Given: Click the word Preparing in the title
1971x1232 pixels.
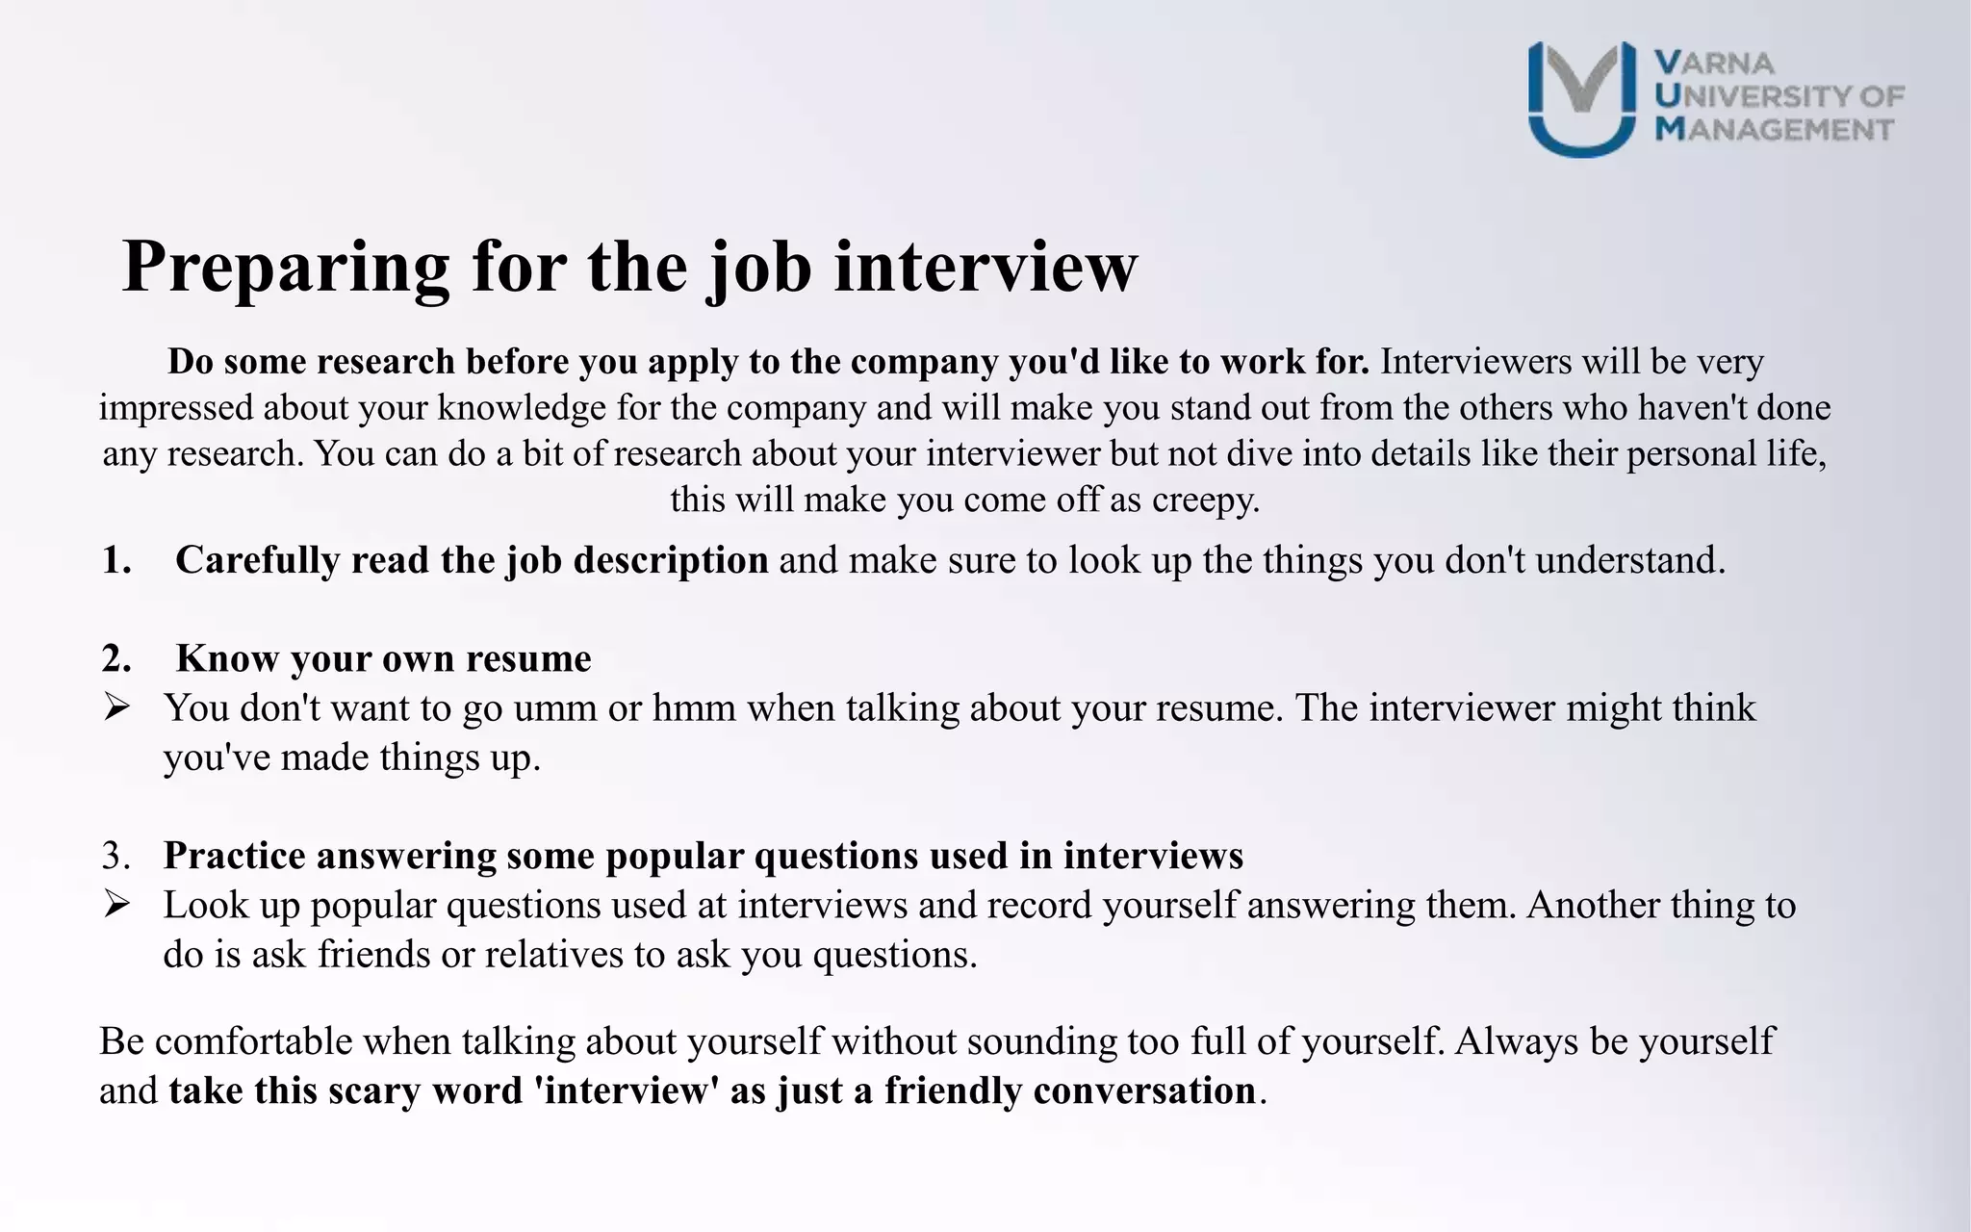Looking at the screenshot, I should pyautogui.click(x=286, y=268).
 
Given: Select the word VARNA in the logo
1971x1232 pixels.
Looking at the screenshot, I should pyautogui.click(x=1714, y=64).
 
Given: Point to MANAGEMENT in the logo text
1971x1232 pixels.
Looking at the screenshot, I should pyautogui.click(x=1774, y=129).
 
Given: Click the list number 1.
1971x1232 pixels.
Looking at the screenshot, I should pyautogui.click(x=115, y=560).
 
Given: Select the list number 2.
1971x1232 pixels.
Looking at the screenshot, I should pyautogui.click(x=115, y=659).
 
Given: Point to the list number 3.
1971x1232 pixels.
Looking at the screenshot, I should pyautogui.click(x=115, y=856).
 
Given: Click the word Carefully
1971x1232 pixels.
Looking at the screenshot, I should pyautogui.click(x=257, y=560).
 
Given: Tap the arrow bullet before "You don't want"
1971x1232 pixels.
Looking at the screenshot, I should pyautogui.click(x=116, y=708).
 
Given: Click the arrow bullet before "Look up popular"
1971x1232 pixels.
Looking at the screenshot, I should pyautogui.click(x=116, y=905).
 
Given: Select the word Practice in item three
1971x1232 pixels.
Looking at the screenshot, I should pyautogui.click(x=234, y=856).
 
